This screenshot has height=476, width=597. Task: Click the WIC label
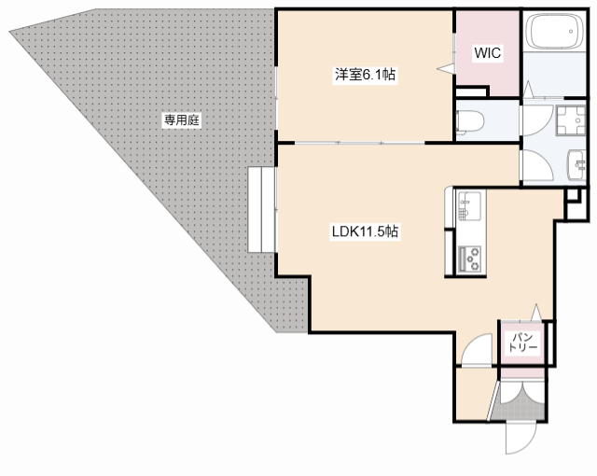click(x=487, y=53)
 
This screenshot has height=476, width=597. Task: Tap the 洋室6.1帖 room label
click(x=367, y=76)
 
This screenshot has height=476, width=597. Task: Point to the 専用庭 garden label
click(x=184, y=120)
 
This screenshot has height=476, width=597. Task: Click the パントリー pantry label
click(x=522, y=342)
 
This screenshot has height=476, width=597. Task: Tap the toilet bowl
click(x=470, y=120)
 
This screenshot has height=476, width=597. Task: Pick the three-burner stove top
click(x=468, y=259)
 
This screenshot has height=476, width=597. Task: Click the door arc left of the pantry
click(x=477, y=350)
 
